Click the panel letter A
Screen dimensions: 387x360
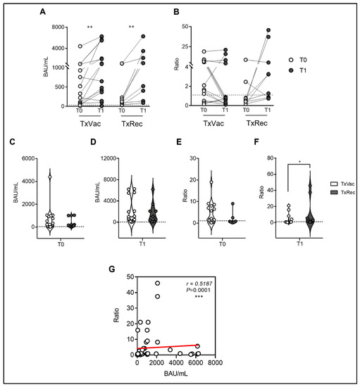pyautogui.click(x=44, y=12)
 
